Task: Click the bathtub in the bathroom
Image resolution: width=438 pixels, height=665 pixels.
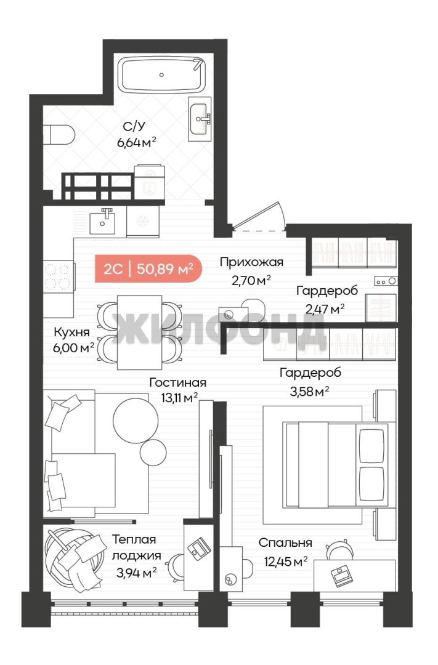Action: click(x=161, y=75)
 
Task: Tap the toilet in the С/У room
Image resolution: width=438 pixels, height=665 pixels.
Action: click(x=59, y=134)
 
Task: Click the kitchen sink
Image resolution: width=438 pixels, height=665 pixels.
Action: click(x=102, y=222)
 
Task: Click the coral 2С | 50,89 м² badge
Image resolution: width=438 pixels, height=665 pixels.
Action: click(x=148, y=269)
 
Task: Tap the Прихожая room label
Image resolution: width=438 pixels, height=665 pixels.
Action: click(x=252, y=262)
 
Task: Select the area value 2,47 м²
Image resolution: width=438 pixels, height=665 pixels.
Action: click(x=325, y=308)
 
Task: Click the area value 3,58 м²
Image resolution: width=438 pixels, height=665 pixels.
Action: click(x=309, y=391)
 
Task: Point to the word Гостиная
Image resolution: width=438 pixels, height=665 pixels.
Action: click(x=178, y=382)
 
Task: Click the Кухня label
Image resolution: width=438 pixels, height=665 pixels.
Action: click(x=71, y=332)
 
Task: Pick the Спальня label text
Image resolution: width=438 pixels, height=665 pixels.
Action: click(x=285, y=543)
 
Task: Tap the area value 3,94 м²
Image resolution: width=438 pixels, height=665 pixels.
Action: click(x=136, y=573)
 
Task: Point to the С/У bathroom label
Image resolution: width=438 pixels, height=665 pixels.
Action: click(x=134, y=126)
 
